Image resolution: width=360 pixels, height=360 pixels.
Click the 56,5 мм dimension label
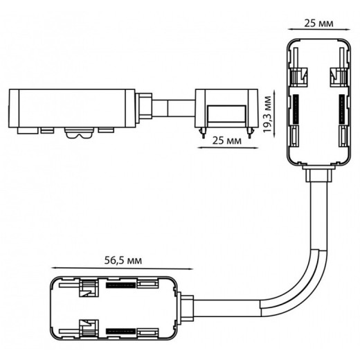pyautogui.click(x=123, y=260)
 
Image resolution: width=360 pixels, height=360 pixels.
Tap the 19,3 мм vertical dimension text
pyautogui.click(x=267, y=114)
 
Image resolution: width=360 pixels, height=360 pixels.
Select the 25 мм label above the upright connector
pyautogui.click(x=318, y=24)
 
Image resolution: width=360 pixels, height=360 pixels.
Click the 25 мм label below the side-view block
pyautogui.click(x=227, y=141)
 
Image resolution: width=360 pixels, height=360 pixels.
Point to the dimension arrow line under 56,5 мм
pyautogui.click(x=122, y=269)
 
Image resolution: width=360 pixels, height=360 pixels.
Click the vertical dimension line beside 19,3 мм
pyautogui.click(x=274, y=113)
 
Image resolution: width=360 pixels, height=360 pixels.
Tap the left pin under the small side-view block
pyautogui.click(x=203, y=134)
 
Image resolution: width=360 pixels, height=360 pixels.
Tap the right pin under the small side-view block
pyautogui.click(x=250, y=134)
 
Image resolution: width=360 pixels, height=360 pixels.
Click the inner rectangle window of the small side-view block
pyautogui.click(x=226, y=114)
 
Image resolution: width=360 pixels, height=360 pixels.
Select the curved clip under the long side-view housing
pyautogui.click(x=80, y=133)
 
